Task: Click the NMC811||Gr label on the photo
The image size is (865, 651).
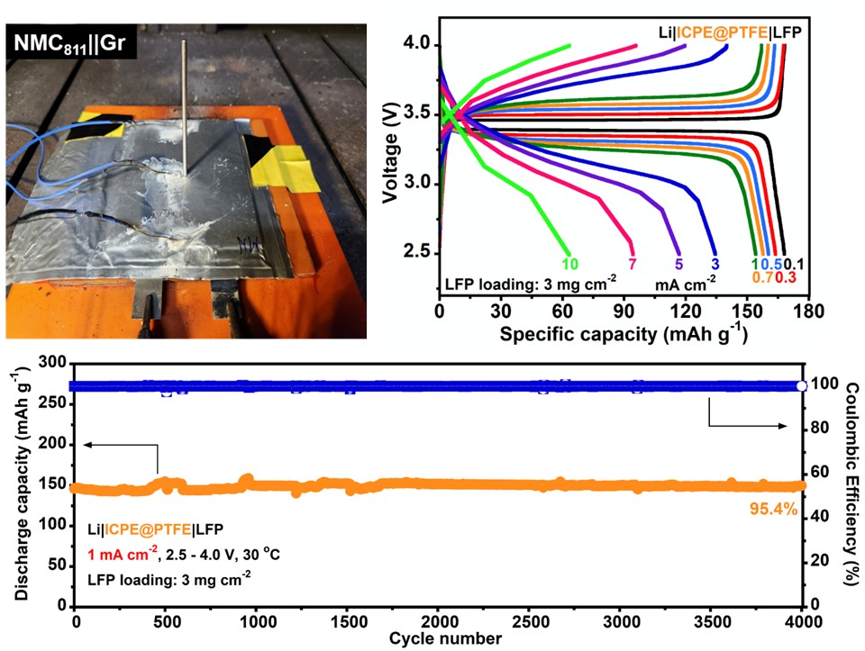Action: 70,42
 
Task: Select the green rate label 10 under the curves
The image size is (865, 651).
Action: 569,265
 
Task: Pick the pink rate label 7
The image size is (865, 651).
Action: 631,265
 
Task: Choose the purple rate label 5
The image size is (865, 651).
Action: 677,265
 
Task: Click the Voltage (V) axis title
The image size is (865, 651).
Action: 390,153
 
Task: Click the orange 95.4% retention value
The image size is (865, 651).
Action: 774,510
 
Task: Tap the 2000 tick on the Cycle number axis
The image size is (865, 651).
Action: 438,623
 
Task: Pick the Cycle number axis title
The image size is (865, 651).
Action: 438,639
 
